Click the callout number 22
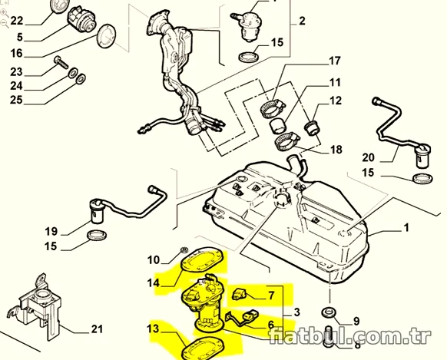click(x=17, y=21)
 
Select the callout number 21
click(x=97, y=329)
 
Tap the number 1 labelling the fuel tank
click(x=406, y=227)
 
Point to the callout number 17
click(x=335, y=61)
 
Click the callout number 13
click(x=153, y=329)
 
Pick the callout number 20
click(x=368, y=157)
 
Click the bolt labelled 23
click(x=61, y=62)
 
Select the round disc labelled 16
click(x=106, y=36)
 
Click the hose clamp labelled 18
click(x=286, y=142)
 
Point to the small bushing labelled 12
click(x=312, y=127)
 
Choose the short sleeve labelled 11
click(x=278, y=126)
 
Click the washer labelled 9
click(x=329, y=312)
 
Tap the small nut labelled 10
click(x=184, y=250)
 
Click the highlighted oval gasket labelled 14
click(x=202, y=259)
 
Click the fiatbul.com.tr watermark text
click(x=350, y=336)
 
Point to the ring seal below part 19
click(x=97, y=236)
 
